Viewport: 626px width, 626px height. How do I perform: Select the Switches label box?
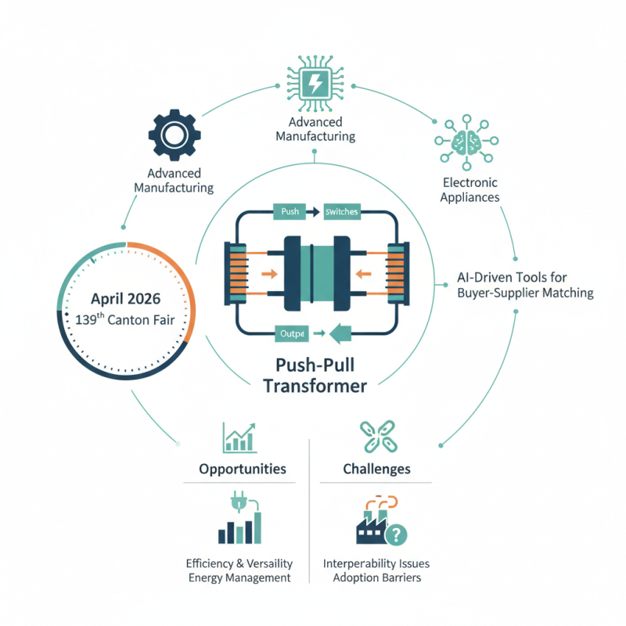340,212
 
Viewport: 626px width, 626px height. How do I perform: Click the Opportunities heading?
243,469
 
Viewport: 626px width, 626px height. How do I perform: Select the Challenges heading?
376,469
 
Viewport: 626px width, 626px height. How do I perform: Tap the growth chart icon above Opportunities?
239,437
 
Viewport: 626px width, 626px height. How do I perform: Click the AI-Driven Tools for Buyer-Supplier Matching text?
524,285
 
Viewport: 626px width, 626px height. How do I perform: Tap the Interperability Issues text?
376,563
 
